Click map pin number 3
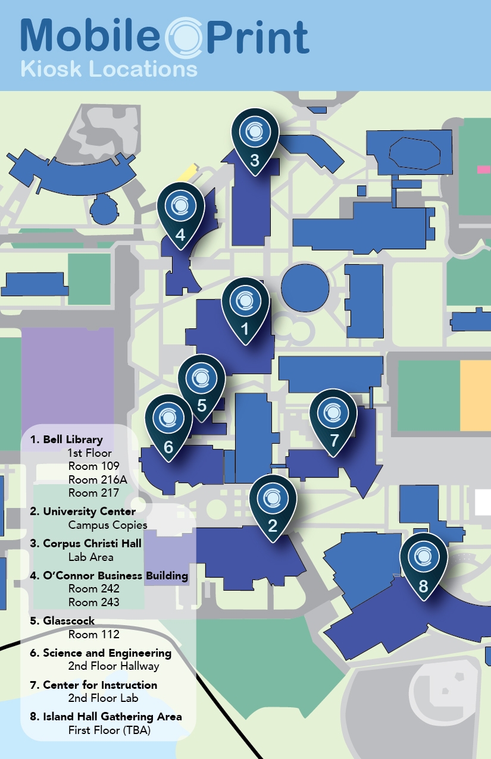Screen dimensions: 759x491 (x=255, y=139)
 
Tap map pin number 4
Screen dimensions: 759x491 (x=181, y=212)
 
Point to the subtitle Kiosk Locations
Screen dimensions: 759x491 (x=108, y=69)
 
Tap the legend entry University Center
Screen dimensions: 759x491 (x=89, y=512)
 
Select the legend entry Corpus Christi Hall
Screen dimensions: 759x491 (x=92, y=544)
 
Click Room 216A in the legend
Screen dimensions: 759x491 (x=94, y=479)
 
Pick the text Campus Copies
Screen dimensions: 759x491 (x=108, y=525)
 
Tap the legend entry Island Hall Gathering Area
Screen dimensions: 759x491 (x=112, y=717)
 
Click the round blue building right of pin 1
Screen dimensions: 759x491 (x=305, y=288)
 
